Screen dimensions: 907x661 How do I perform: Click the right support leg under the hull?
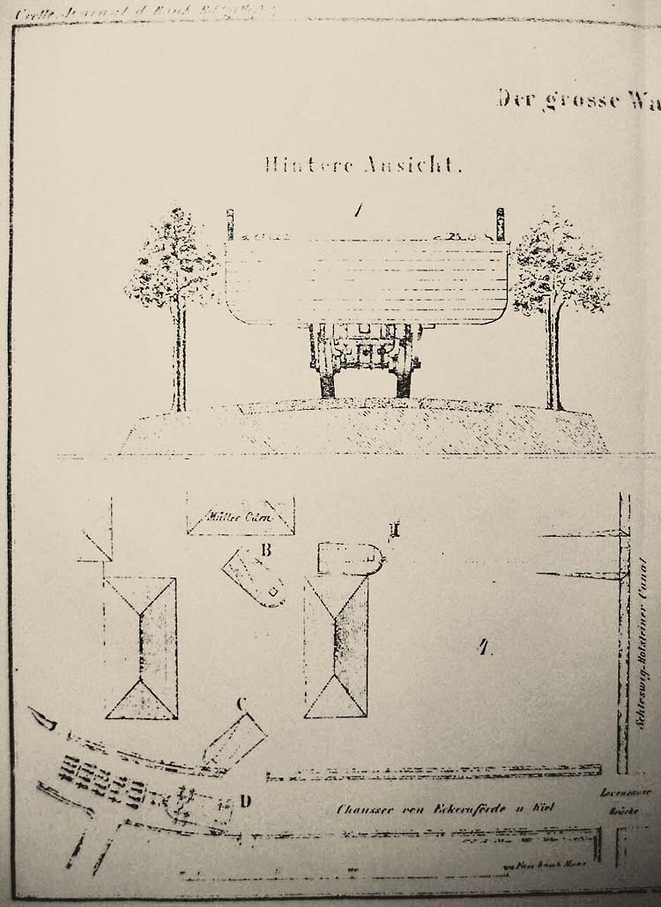pos(405,382)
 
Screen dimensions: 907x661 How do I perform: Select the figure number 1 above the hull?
pos(357,211)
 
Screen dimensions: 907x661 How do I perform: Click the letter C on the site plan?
pos(239,703)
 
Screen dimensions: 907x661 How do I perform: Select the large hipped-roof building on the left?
pos(140,648)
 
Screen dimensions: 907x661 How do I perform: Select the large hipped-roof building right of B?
pos(335,648)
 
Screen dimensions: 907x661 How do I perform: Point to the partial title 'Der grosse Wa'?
pos(577,99)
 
